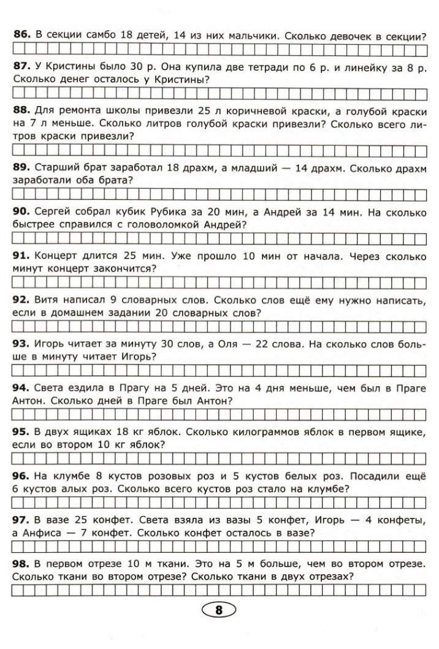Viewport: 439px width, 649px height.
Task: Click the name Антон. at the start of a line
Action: [29, 400]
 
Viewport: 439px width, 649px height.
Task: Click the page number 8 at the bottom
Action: [219, 610]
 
